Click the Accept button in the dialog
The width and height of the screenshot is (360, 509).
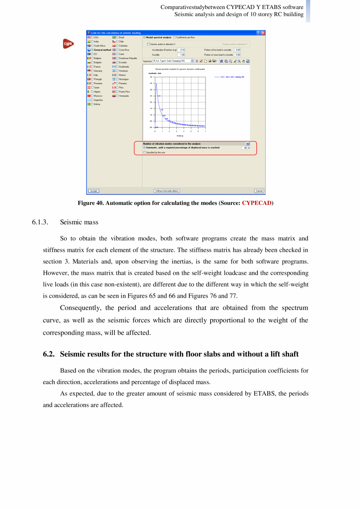94,191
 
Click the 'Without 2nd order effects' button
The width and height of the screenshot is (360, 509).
167,191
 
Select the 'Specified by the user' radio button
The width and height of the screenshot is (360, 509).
144,152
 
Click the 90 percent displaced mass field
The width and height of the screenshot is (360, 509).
244,148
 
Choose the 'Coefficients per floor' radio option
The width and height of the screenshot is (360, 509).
175,37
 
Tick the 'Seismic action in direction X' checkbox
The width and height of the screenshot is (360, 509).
148,44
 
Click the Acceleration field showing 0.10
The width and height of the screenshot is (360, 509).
182,50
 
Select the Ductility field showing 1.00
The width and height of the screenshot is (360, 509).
182,55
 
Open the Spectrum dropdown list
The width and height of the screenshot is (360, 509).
192,61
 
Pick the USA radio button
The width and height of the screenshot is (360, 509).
92,37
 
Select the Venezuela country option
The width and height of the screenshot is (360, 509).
117,96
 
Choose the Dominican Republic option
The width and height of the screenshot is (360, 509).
117,58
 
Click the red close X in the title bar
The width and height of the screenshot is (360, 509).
263,33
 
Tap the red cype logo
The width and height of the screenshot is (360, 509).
68,44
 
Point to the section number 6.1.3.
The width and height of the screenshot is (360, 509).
40,222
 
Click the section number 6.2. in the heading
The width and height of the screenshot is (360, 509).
49,354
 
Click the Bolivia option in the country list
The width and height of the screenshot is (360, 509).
92,104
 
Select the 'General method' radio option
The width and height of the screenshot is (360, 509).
92,50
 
